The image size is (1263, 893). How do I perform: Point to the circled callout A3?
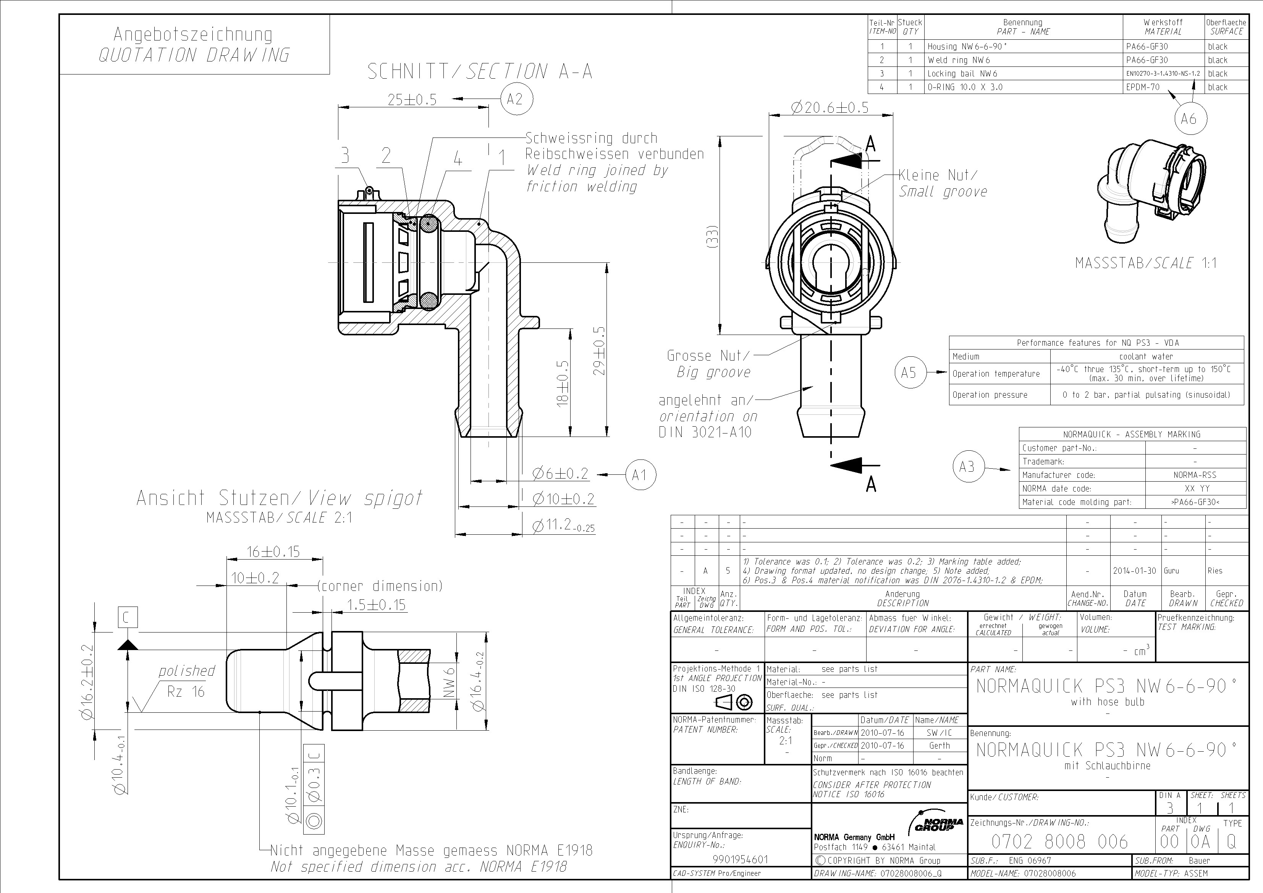(967, 467)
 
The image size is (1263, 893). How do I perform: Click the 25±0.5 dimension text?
(412, 100)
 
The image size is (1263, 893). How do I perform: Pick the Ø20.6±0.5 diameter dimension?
(830, 107)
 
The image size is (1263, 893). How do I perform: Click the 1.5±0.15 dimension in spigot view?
(376, 605)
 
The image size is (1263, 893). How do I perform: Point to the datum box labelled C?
(128, 617)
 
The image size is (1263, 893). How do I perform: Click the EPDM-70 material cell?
(1143, 87)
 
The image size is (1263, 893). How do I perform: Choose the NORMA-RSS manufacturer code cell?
(1194, 475)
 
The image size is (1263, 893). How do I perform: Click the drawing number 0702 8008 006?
(1059, 841)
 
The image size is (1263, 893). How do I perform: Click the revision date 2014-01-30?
(1134, 571)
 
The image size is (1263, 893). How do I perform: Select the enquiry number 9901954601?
(740, 859)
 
